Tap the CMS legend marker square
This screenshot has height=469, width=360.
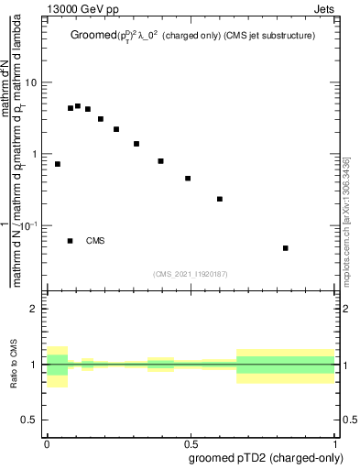pyautogui.click(x=71, y=241)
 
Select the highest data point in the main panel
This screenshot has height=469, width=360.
pyautogui.click(x=78, y=106)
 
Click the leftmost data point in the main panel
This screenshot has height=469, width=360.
pyautogui.click(x=58, y=164)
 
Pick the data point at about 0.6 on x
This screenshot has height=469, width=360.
pyautogui.click(x=220, y=199)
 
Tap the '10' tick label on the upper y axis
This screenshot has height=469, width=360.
pyautogui.click(x=31, y=82)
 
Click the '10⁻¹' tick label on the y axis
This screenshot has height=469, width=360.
pyautogui.click(x=29, y=225)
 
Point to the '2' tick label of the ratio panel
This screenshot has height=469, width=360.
pyautogui.click(x=34, y=310)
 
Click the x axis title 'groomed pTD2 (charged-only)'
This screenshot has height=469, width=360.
pyautogui.click(x=267, y=457)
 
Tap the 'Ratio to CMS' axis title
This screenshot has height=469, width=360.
pyautogui.click(x=14, y=365)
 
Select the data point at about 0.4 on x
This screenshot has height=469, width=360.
pyautogui.click(x=160, y=161)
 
